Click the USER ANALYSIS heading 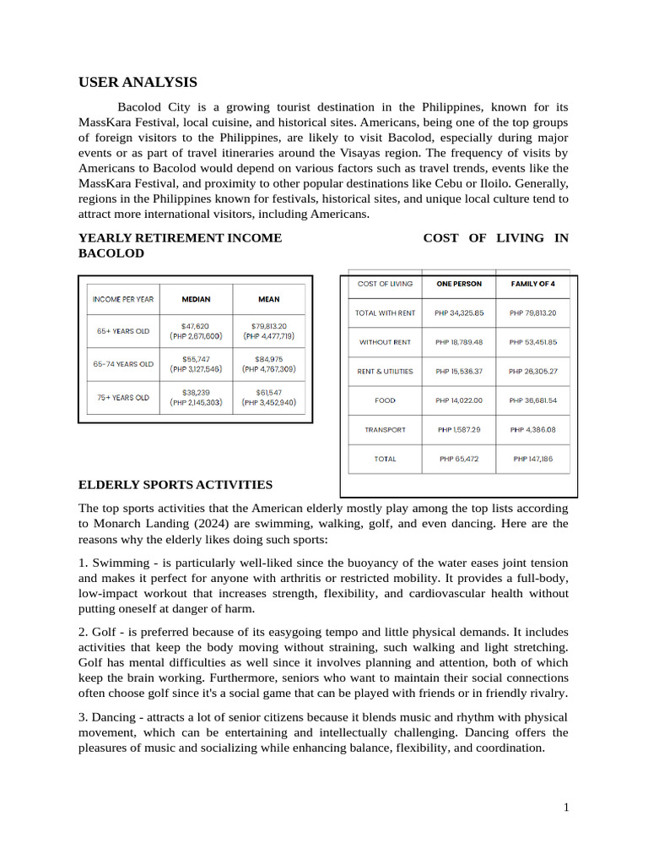click(x=138, y=82)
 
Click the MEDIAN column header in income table click(x=196, y=299)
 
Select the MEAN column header click(x=268, y=299)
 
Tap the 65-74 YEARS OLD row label click(x=123, y=364)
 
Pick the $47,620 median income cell click(x=196, y=330)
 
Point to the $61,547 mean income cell click(x=268, y=397)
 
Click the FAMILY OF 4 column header click(x=532, y=284)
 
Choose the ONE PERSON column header click(x=459, y=284)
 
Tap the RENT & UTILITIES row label click(x=385, y=371)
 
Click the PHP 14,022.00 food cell click(x=459, y=400)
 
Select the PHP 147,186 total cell click(x=532, y=459)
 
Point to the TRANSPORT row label click(x=385, y=430)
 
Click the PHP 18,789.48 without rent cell click(x=459, y=342)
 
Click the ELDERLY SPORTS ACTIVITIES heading click(x=175, y=485)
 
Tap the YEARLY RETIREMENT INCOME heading click(x=180, y=238)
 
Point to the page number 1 click(x=566, y=808)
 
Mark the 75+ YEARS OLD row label click(x=123, y=397)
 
